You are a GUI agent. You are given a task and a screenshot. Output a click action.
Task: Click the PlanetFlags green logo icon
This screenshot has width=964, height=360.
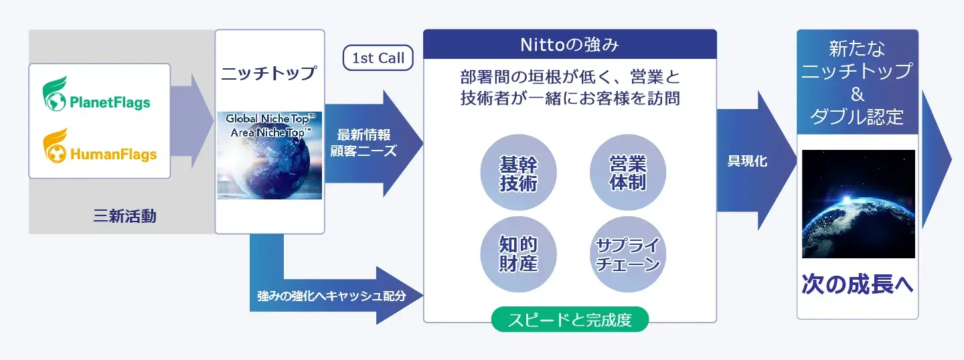(x=55, y=94)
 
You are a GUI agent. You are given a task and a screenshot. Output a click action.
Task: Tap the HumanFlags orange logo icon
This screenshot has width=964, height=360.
(x=55, y=146)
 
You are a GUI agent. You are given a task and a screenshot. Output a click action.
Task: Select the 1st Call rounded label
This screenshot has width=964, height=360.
(x=378, y=58)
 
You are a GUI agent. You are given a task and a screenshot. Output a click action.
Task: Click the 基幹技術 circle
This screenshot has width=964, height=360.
(x=518, y=173)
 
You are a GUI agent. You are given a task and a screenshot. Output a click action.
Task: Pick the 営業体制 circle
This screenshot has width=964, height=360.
(x=627, y=173)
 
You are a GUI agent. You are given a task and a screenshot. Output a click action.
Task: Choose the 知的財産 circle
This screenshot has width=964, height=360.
(x=518, y=254)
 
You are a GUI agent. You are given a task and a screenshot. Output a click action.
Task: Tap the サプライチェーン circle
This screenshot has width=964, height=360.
(x=627, y=254)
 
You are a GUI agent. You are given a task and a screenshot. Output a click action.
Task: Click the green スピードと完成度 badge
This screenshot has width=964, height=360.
(x=570, y=319)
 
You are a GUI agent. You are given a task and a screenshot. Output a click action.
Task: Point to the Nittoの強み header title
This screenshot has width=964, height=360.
(x=570, y=44)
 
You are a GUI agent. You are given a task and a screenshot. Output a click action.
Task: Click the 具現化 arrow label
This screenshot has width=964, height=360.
(x=747, y=161)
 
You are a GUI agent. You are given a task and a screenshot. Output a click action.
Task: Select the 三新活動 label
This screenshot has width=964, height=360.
(x=125, y=216)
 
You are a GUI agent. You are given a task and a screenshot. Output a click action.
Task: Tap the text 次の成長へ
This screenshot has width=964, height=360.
(x=858, y=284)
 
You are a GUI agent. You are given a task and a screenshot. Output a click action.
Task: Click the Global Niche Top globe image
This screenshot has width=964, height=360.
(x=269, y=155)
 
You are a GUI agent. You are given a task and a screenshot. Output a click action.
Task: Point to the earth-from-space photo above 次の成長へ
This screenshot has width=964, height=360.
(x=858, y=204)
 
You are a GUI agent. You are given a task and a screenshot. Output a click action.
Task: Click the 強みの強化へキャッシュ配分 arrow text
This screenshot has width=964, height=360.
(x=331, y=296)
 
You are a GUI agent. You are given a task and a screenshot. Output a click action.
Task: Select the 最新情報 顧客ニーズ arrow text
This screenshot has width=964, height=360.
(x=364, y=143)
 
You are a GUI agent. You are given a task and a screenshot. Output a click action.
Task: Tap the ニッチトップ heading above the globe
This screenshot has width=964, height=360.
(x=269, y=73)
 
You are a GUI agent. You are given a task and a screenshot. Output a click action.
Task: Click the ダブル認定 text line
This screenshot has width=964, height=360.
(x=857, y=116)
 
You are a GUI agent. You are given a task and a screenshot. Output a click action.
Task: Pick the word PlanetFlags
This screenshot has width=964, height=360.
(x=110, y=102)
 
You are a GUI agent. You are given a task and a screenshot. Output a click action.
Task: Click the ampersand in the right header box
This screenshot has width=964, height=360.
(x=858, y=94)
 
